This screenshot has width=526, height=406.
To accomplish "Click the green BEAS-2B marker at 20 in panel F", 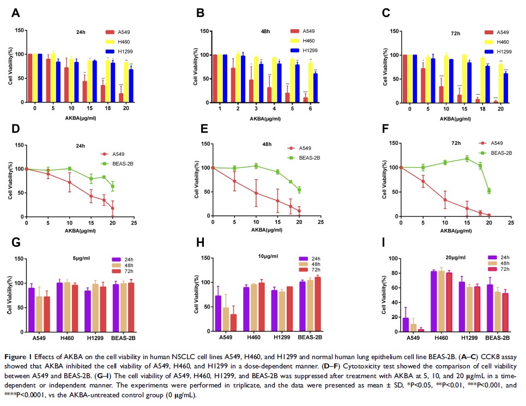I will point(489,191).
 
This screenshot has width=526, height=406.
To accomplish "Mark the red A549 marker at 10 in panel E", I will point(256,193).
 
